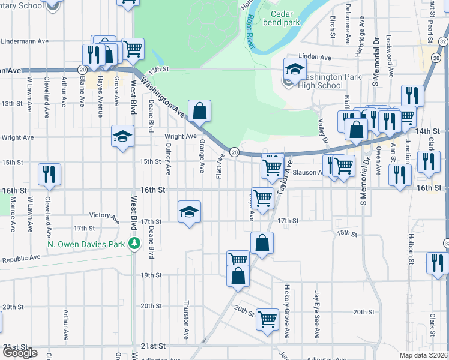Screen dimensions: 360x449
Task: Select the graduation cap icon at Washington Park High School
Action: [295, 70]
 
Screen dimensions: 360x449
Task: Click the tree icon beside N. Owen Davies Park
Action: [136, 244]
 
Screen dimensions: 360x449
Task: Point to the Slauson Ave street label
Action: [307, 172]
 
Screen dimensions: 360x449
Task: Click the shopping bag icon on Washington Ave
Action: [199, 111]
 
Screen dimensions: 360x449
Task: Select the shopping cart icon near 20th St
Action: [267, 319]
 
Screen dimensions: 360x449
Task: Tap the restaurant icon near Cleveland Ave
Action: [49, 174]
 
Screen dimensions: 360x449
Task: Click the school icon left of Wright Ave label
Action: [122, 136]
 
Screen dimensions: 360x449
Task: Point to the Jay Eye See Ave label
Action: [317, 306]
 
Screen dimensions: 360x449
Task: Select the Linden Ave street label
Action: [319, 58]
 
